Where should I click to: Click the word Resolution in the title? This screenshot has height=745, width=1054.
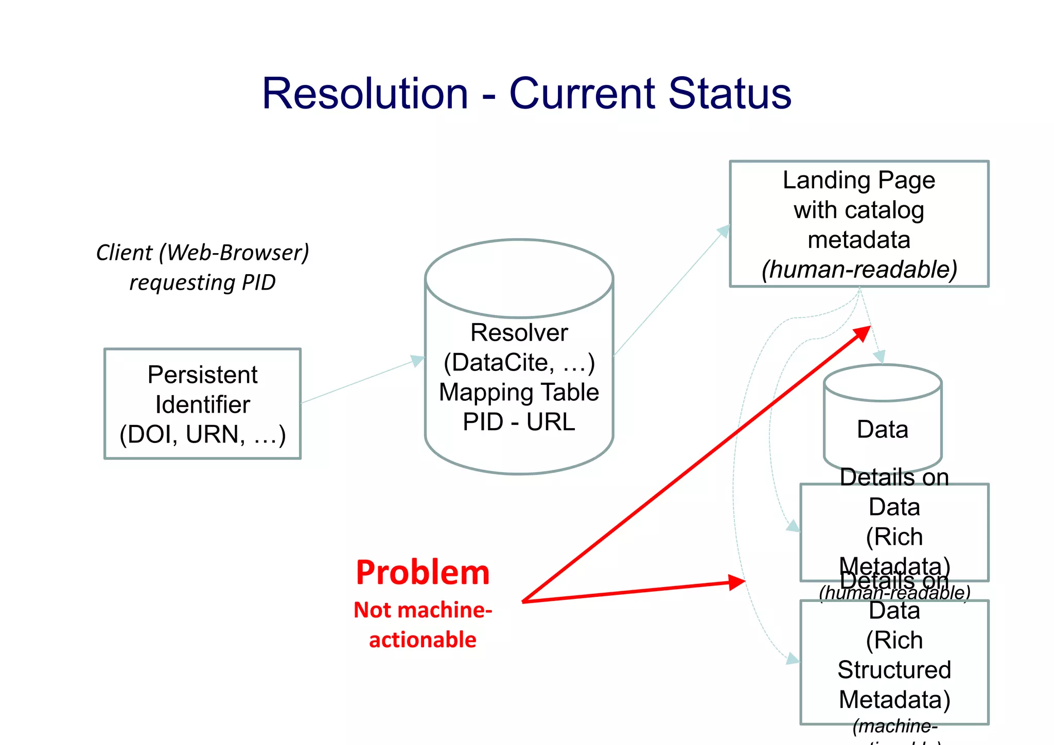coord(365,94)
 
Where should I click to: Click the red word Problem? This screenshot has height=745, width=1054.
coord(423,573)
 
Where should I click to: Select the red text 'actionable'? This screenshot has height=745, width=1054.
coord(423,640)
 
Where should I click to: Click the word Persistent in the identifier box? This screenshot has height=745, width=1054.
coord(202,375)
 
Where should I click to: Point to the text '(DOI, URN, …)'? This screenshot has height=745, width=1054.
coord(202,435)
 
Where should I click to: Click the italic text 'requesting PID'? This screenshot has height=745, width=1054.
coord(202,282)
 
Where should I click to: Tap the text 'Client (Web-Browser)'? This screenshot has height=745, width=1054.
coord(202,253)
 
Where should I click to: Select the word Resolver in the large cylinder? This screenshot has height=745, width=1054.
coord(519,332)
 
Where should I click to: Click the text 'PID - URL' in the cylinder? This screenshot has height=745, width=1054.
coord(519,422)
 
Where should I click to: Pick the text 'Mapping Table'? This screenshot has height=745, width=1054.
coord(519,392)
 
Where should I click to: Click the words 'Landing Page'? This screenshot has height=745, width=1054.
coord(858,180)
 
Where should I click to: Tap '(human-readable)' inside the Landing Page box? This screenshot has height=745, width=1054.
coord(858,270)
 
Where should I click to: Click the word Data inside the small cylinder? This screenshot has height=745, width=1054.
coord(882,430)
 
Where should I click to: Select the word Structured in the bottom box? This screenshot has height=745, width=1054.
coord(894,670)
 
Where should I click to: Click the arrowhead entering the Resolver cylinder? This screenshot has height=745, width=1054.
coord(417,360)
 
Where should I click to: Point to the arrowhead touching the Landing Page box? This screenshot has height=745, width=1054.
coord(724,230)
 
